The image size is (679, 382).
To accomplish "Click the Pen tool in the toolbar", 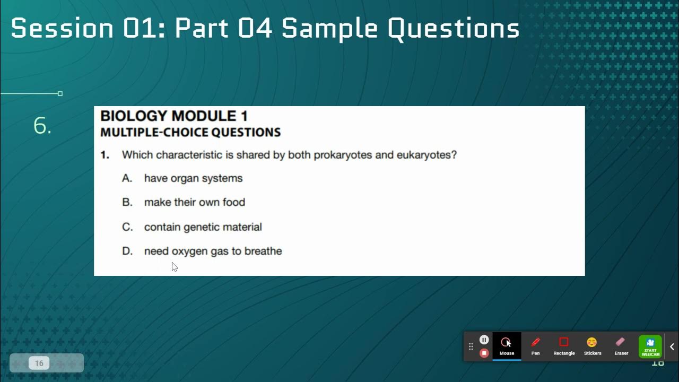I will coord(535,346).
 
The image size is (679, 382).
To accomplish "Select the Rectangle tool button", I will coord(564,346).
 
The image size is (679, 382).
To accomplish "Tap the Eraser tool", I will coord(621,346).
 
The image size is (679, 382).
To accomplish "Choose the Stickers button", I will coord(593,346).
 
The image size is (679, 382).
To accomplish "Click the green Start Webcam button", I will coord(650,346).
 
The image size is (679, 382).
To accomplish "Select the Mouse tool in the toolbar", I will coord(507,346).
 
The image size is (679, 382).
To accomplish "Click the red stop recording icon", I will coord(484,353).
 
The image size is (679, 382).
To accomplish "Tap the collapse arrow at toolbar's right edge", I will coord(672,347).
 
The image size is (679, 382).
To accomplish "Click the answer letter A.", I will coord(127,178).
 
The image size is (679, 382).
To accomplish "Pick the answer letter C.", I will coord(127,227).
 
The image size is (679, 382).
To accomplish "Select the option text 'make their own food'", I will coord(194,202).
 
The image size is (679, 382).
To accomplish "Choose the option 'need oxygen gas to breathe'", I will coord(213,251).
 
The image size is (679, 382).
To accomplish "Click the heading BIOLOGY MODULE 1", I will coord(174,116).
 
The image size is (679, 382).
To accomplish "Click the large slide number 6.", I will coord(42,126).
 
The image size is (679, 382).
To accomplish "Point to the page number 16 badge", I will coord(39,363).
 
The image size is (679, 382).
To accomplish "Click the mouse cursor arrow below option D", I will coord(175,266).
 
